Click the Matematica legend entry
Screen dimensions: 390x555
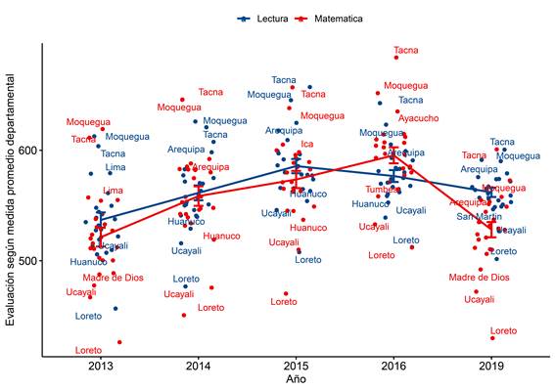pos(330,19)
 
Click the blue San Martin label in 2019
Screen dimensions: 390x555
pos(480,216)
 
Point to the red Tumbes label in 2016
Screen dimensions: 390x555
pos(382,190)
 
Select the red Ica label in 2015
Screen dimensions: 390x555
pos(306,144)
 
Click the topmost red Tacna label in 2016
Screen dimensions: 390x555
pos(405,50)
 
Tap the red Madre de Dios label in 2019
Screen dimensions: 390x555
pos(479,278)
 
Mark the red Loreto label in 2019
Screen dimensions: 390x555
pos(503,331)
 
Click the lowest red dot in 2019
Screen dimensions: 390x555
pos(492,338)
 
